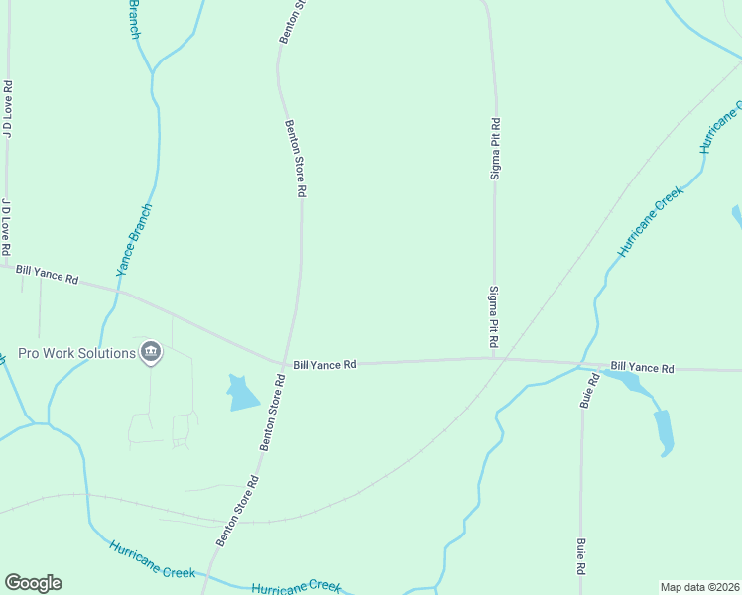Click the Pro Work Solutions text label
coord(76,353)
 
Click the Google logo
coord(33,583)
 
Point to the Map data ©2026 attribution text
coord(700,587)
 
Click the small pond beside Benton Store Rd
coord(241,393)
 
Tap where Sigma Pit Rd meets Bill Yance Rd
coord(494,358)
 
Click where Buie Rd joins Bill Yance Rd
coord(581,365)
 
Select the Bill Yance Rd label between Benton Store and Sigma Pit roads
coord(325,365)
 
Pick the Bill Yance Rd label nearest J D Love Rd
coord(48,274)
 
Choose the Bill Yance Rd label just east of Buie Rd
coord(642,368)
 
